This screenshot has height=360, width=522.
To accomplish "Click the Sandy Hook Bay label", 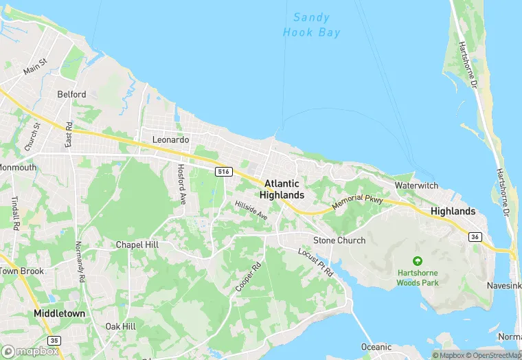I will pyautogui.click(x=312, y=25).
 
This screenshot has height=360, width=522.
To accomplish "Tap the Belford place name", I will pyautogui.click(x=71, y=94).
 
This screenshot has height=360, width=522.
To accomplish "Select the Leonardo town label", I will pyautogui.click(x=170, y=139).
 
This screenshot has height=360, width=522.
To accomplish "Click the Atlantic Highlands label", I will pyautogui.click(x=282, y=189).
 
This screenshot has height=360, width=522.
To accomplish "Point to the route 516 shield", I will pyautogui.click(x=222, y=171).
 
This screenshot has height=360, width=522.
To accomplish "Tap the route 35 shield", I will pyautogui.click(x=54, y=340).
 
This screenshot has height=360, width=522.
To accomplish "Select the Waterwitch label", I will pyautogui.click(x=416, y=186).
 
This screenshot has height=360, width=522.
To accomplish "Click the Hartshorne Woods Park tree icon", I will pyautogui.click(x=417, y=261).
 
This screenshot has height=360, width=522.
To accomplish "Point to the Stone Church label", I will pyautogui.click(x=339, y=240).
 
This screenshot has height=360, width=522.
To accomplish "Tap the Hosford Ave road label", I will pyautogui.click(x=182, y=184).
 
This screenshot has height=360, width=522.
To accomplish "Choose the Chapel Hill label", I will pyautogui.click(x=137, y=245).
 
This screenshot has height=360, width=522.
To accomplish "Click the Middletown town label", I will pyautogui.click(x=60, y=313).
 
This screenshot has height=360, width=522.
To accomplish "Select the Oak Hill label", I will pyautogui.click(x=120, y=326).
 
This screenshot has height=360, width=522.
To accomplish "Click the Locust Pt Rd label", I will pyautogui.click(x=315, y=262).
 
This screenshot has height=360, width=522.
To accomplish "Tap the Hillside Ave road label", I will pyautogui.click(x=251, y=210).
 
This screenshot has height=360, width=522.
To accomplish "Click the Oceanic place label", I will pyautogui.click(x=376, y=347).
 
